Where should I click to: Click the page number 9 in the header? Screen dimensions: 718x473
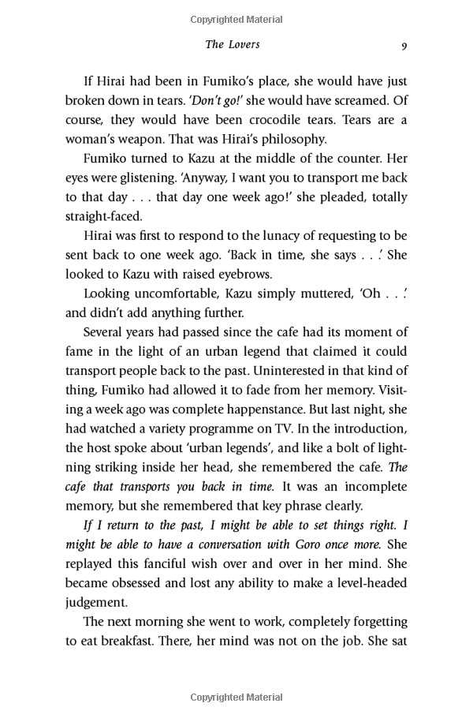tap(404, 45)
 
